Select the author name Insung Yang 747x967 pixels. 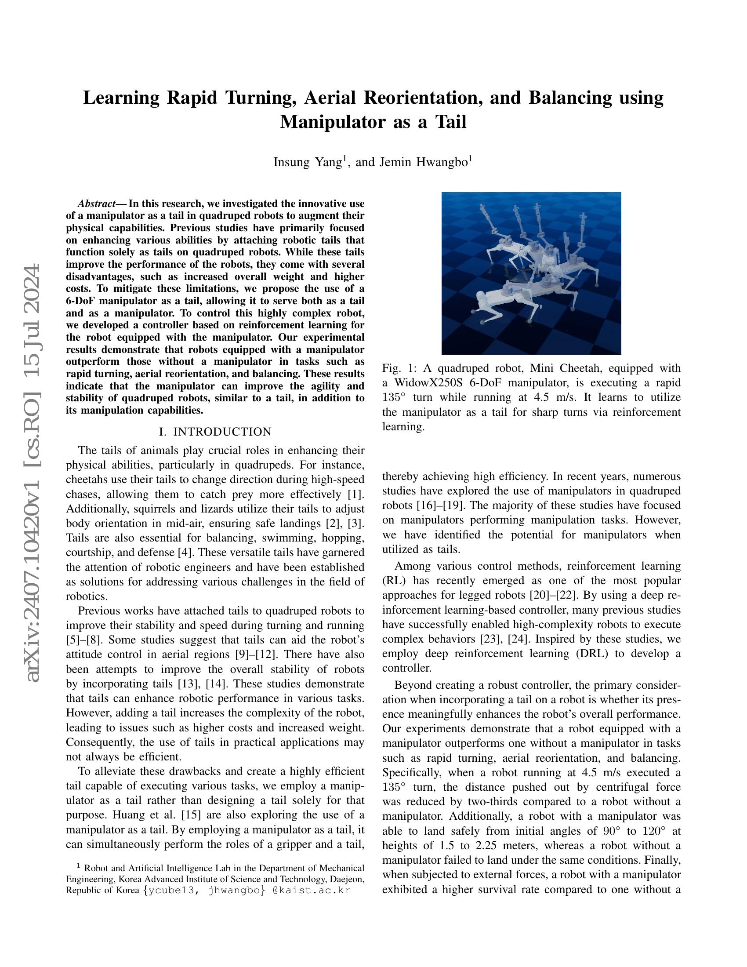tap(308, 163)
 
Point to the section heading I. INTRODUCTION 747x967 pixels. tap(215, 432)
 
